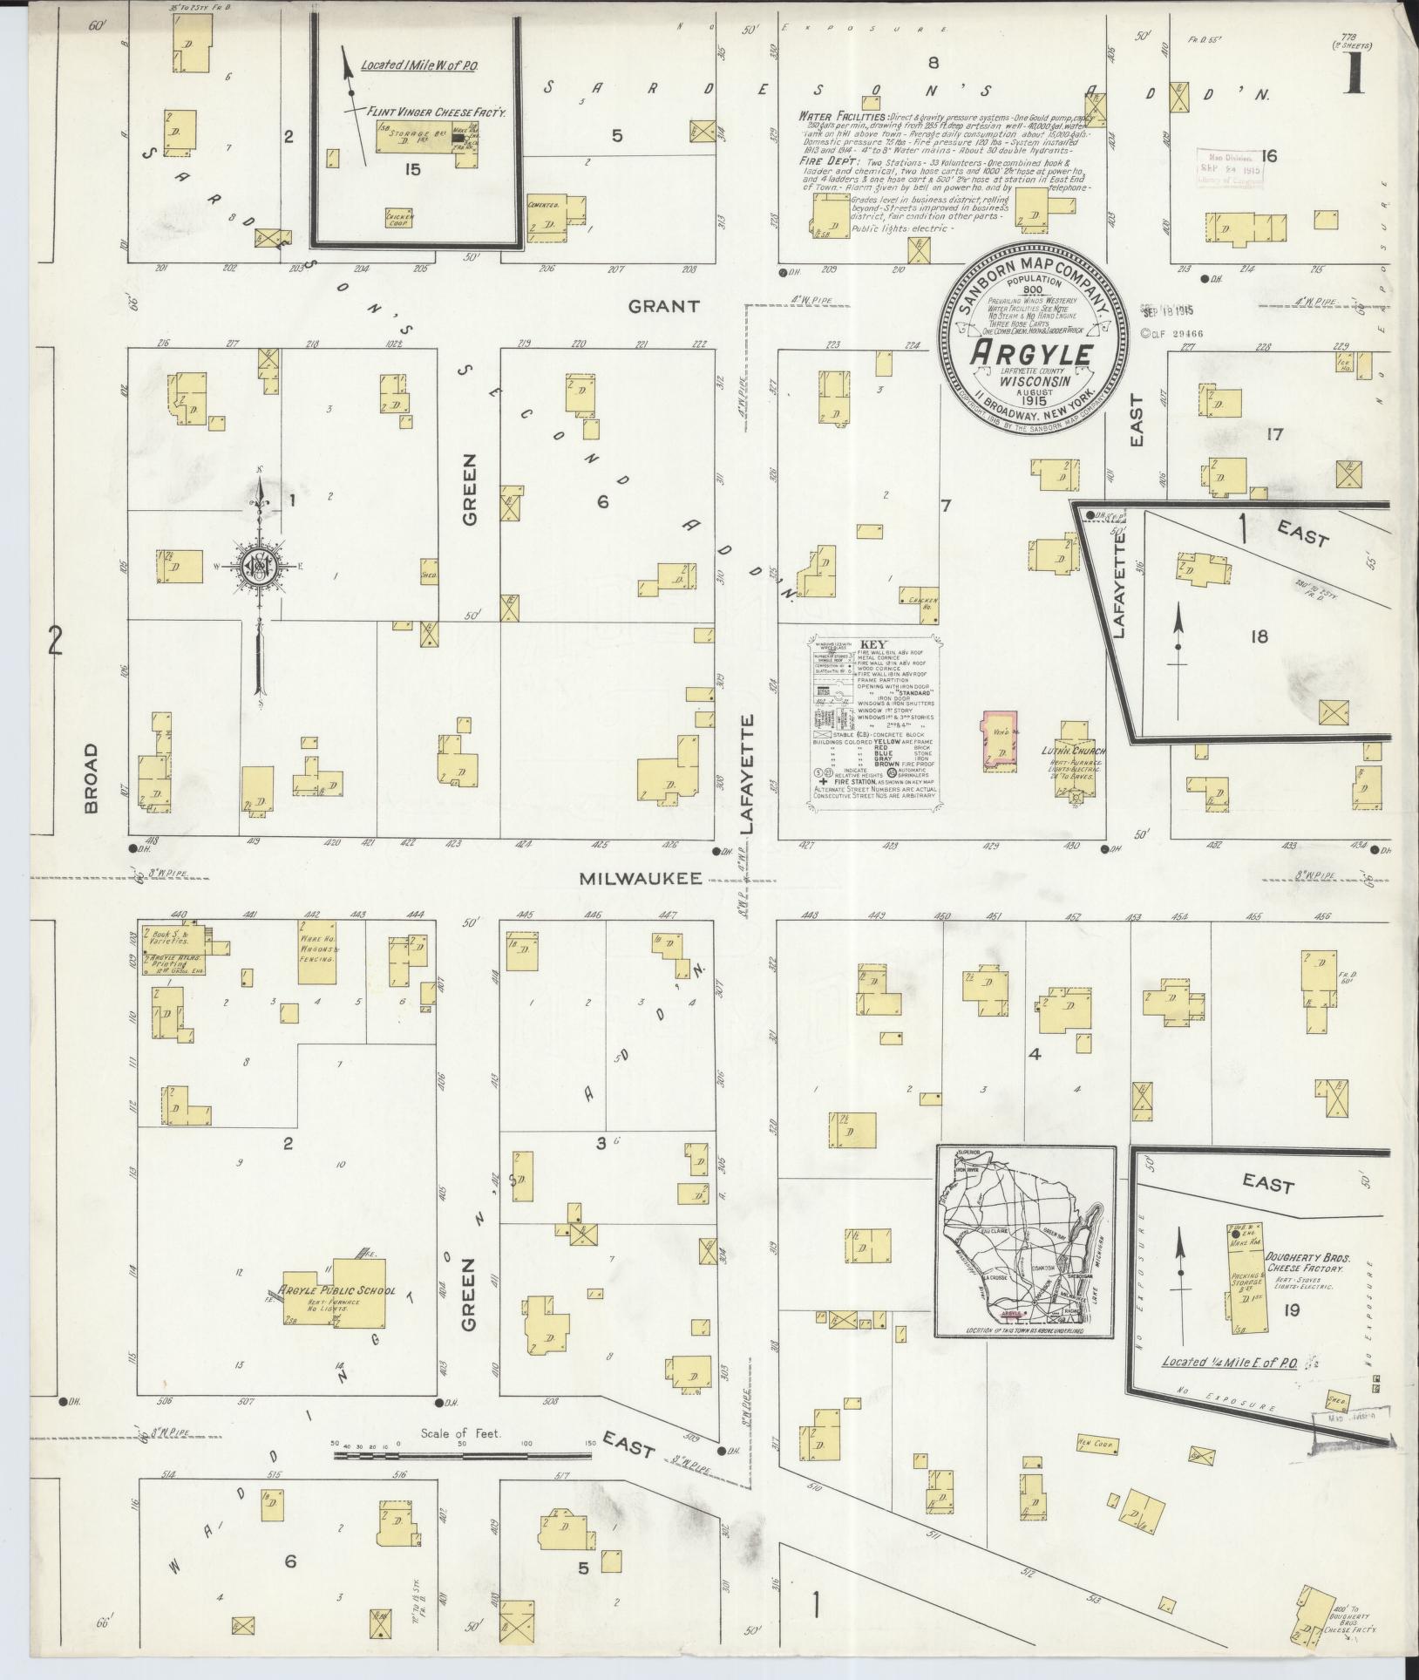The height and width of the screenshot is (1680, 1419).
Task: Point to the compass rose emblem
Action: pos(260,568)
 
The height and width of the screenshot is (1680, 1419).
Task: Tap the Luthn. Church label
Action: pos(1073,751)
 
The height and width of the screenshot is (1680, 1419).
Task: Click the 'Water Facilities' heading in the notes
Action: pos(842,116)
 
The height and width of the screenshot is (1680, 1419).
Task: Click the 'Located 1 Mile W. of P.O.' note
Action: pos(419,65)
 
